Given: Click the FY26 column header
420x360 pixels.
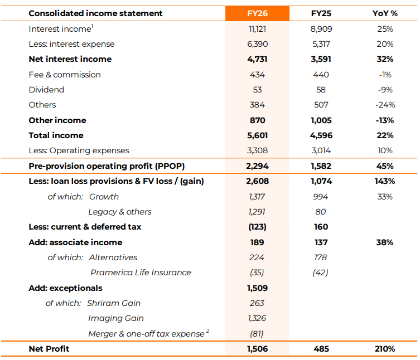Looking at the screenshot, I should (x=257, y=13).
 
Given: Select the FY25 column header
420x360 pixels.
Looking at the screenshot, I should (x=321, y=13).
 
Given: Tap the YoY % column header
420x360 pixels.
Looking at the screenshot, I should (x=385, y=13).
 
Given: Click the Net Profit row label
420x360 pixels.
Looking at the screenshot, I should (x=49, y=349).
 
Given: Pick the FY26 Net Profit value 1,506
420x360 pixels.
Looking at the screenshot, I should (x=257, y=349).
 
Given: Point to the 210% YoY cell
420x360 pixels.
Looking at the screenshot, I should (x=385, y=349).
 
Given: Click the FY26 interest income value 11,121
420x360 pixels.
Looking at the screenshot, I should (x=257, y=28).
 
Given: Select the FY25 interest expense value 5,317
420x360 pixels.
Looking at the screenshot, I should (x=321, y=44).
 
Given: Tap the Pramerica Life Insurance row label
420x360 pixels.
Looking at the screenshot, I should (x=141, y=273).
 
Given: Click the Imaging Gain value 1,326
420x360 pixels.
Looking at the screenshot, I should (x=257, y=318).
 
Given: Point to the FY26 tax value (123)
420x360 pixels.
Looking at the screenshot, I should (x=257, y=227).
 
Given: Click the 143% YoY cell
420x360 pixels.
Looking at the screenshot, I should (x=385, y=181).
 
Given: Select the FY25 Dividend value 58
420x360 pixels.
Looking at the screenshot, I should (x=321, y=90).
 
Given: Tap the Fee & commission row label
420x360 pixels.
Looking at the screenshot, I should (x=65, y=75).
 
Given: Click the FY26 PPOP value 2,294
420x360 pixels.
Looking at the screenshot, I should (x=257, y=166).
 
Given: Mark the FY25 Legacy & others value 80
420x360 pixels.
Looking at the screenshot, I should (x=321, y=212).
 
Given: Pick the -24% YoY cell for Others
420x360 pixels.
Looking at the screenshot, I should (x=385, y=105).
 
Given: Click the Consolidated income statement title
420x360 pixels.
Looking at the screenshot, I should (x=95, y=13).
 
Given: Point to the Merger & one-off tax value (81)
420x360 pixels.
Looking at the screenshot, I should (x=257, y=334).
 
